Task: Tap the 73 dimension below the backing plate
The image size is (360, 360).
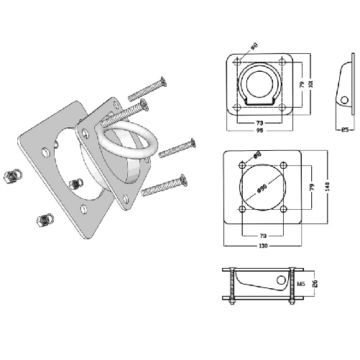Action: coord(264,235)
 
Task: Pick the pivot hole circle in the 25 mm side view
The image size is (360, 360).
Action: coord(343,99)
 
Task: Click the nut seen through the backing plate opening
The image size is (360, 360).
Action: coord(73,185)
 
